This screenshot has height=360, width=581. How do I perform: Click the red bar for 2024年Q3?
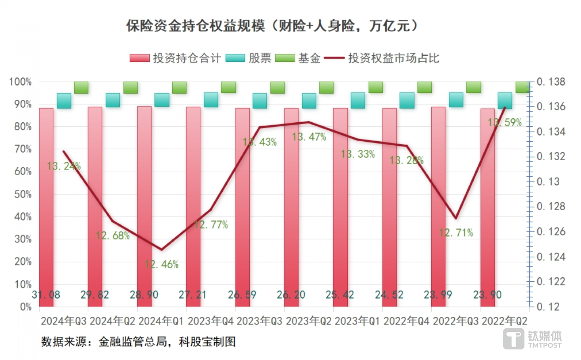click(x=46, y=202)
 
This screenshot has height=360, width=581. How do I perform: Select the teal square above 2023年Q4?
click(x=211, y=100)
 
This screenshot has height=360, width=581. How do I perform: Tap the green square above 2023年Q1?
click(x=375, y=87)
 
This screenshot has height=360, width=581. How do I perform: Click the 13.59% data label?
click(x=505, y=123)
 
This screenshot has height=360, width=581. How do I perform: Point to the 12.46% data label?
click(x=161, y=264)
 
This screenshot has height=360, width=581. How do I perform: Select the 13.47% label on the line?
click(x=309, y=137)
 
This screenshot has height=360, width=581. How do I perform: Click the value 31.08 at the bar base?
click(x=46, y=295)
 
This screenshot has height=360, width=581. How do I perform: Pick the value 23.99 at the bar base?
click(x=438, y=295)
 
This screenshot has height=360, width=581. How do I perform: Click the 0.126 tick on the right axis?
click(x=551, y=232)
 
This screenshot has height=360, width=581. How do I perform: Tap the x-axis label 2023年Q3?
click(x=259, y=321)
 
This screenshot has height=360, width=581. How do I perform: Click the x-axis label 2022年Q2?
click(x=504, y=321)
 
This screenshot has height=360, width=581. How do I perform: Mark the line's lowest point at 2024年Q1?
click(x=161, y=249)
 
